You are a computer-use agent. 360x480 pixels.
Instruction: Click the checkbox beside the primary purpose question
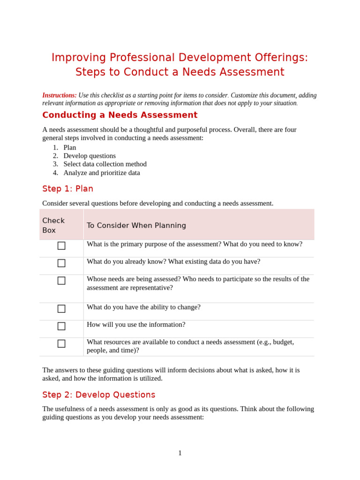61,246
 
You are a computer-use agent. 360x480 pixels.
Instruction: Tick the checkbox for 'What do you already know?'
61,263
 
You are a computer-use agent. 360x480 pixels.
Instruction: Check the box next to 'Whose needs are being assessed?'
61,280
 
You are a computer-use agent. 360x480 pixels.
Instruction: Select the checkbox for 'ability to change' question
61,308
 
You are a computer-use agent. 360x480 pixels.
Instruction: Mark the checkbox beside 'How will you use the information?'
61,326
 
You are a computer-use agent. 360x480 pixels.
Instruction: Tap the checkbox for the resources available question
61,344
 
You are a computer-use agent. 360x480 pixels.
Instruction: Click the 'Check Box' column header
53,225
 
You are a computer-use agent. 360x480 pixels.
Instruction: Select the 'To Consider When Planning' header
136,225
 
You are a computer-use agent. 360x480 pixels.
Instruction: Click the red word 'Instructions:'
60,95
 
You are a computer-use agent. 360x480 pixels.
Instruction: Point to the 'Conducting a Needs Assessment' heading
120,115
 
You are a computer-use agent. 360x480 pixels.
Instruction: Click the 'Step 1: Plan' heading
68,188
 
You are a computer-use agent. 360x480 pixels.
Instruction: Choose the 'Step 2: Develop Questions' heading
99,395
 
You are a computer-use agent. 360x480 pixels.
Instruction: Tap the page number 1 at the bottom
180,453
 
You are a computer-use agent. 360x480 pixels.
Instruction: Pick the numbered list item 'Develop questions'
90,156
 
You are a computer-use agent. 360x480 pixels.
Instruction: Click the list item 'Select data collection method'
105,164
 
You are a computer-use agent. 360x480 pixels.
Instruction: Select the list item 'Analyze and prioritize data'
102,172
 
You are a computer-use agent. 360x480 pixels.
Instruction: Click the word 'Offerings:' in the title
281,58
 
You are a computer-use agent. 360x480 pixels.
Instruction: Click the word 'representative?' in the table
151,287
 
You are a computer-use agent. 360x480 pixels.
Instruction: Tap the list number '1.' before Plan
55,147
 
